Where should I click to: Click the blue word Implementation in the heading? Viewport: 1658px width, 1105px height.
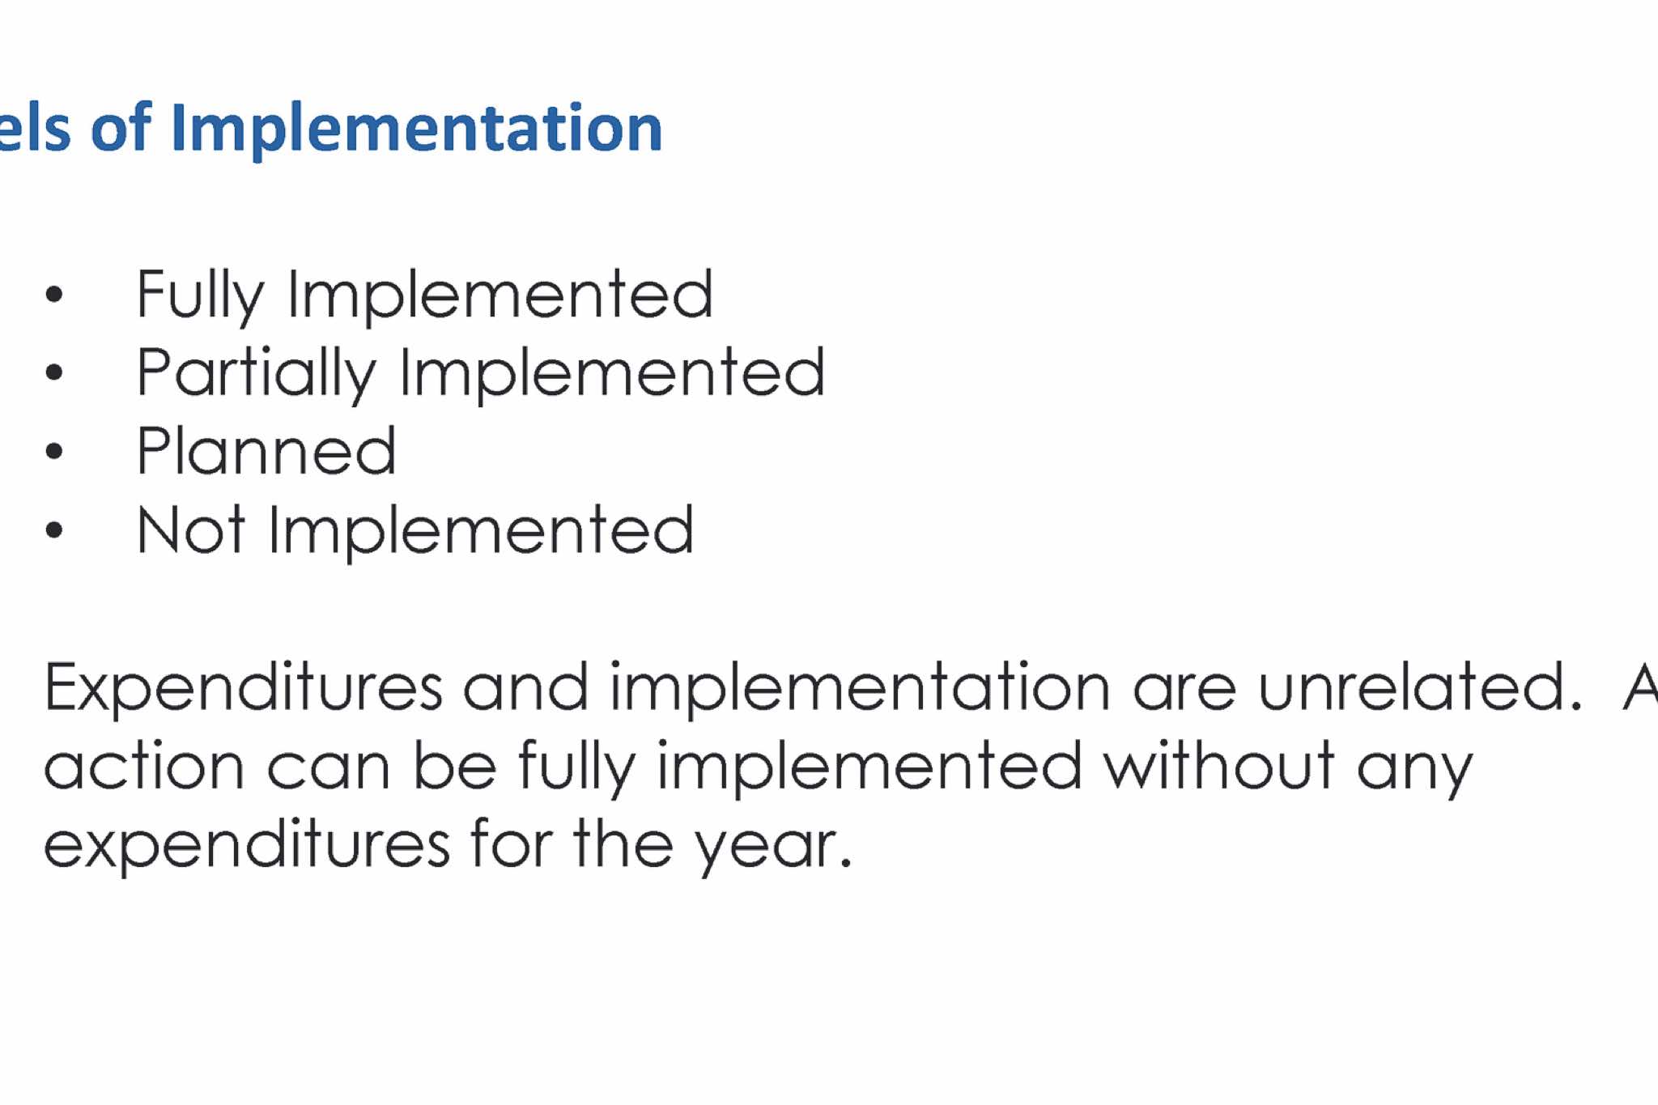tap(417, 130)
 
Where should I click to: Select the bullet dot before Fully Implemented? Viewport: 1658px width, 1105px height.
tap(54, 295)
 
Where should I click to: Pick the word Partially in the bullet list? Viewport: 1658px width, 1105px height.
tap(257, 373)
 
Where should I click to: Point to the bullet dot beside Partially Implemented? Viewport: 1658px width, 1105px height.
tap(54, 372)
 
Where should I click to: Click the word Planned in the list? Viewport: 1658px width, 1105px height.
tap(266, 450)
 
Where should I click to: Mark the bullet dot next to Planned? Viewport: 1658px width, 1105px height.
tap(54, 451)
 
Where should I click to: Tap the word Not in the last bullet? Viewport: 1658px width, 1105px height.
tap(191, 529)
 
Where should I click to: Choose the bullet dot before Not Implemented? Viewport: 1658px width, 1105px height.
tap(54, 529)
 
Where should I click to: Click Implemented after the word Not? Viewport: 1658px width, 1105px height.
tap(481, 532)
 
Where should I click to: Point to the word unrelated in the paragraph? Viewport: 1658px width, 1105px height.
tap(1420, 686)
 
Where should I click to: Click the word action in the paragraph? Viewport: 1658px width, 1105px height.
tap(144, 766)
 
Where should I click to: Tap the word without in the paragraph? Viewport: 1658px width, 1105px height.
tap(1219, 765)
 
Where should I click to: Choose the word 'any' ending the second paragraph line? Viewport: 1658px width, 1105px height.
tap(1414, 773)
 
